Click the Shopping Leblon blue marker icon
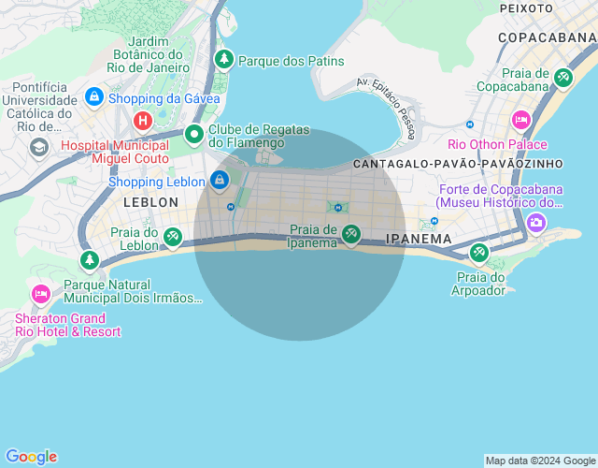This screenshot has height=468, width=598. [x=220, y=179]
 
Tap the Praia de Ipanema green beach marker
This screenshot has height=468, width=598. [x=350, y=234]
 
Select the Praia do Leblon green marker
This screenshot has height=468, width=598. [x=173, y=238]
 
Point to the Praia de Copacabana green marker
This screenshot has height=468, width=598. [x=562, y=78]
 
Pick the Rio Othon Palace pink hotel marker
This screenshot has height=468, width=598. [x=521, y=120]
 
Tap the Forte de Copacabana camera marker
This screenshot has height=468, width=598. [x=536, y=222]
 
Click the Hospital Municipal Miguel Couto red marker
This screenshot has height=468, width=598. [x=143, y=120]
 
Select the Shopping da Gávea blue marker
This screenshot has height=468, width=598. [x=93, y=96]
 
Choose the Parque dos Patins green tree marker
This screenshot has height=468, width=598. [x=224, y=60]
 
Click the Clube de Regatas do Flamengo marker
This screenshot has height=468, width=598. [x=194, y=135]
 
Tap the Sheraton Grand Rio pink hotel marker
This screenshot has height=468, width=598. [x=40, y=293]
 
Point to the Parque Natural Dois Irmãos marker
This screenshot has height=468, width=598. [x=90, y=260]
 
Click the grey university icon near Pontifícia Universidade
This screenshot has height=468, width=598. [x=39, y=147]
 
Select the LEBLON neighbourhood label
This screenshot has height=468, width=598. [x=150, y=202]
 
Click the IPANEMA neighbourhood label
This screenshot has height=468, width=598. [x=419, y=240]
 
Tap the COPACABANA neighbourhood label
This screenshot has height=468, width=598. [x=548, y=37]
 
